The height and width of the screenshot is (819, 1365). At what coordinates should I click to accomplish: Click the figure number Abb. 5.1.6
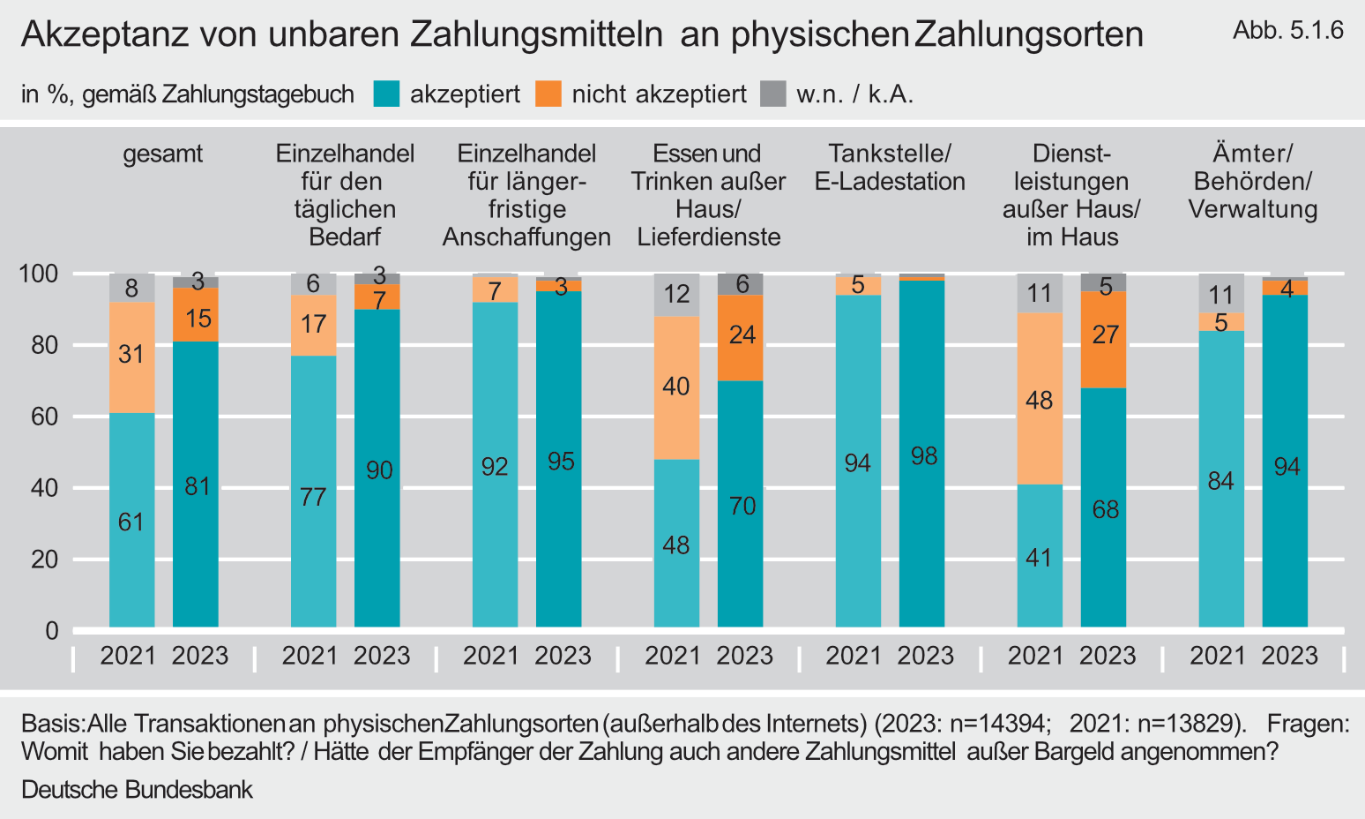tap(1287, 30)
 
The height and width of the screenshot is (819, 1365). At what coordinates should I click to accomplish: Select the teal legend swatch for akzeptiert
tap(387, 94)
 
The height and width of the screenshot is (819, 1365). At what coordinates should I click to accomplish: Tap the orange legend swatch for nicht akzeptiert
tap(548, 94)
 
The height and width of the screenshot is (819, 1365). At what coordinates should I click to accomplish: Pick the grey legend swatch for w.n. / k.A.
tap(773, 94)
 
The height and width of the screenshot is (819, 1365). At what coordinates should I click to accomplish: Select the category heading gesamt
tap(162, 154)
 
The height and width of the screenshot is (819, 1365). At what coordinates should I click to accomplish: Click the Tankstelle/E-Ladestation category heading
tap(889, 168)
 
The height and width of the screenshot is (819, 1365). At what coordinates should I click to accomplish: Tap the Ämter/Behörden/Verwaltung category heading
tap(1252, 181)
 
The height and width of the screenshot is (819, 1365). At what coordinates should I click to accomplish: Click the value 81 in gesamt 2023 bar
tap(196, 486)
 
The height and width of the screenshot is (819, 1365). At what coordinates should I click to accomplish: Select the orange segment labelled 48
tap(1040, 399)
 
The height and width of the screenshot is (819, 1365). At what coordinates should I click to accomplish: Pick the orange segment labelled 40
tap(676, 387)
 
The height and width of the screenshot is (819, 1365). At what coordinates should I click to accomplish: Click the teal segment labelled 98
tap(922, 455)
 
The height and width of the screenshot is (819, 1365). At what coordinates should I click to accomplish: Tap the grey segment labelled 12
tap(676, 295)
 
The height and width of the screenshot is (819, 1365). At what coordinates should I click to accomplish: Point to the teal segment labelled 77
tap(313, 496)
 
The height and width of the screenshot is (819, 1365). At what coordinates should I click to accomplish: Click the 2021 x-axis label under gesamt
tap(129, 656)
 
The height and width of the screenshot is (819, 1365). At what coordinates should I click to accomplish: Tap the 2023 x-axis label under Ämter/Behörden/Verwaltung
tap(1289, 656)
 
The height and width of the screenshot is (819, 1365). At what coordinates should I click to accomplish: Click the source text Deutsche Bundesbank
tap(137, 789)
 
